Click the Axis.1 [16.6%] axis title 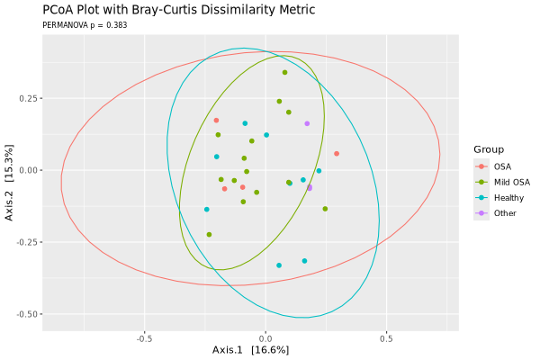click(x=250, y=349)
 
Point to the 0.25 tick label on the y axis click(x=28, y=98)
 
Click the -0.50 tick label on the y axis click(x=26, y=314)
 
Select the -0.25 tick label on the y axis click(x=26, y=242)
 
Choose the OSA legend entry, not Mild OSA click(x=502, y=166)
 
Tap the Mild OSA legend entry click(x=511, y=182)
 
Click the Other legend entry click(x=505, y=212)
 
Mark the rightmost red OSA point click(x=337, y=154)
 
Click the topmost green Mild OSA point click(x=285, y=73)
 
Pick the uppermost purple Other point click(x=307, y=124)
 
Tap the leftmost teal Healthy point click(x=207, y=210)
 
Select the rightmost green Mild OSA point click(x=325, y=209)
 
